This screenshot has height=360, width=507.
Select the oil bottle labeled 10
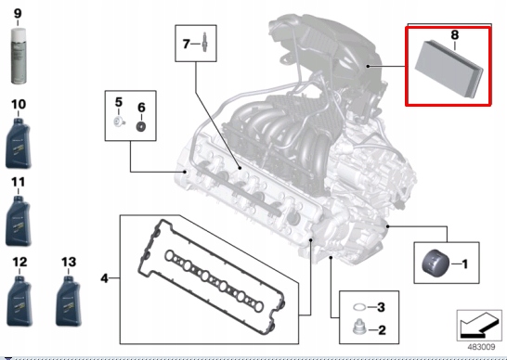point(20,139)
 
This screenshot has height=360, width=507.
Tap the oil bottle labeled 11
point(20,220)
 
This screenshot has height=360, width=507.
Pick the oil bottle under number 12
point(20,300)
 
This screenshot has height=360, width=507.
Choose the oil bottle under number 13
point(68,300)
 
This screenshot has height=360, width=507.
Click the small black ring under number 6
point(140,125)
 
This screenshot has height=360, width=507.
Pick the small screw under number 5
point(118,123)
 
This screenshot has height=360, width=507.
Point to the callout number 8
point(454,35)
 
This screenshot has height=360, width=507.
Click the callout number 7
point(186,43)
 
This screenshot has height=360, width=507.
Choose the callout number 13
point(68,263)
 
